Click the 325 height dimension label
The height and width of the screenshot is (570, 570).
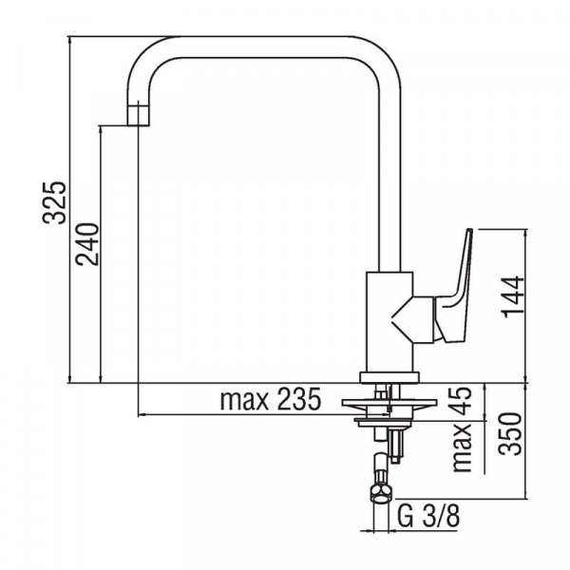(54, 202)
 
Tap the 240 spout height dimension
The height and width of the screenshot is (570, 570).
(86, 244)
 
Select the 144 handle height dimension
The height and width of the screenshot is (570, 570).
(513, 297)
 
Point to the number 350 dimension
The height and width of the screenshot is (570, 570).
(509, 434)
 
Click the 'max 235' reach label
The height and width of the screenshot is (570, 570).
(271, 399)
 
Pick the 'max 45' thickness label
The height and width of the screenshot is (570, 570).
(462, 429)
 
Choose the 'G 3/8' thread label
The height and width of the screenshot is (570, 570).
(428, 516)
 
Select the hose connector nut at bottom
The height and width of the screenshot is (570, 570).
(382, 495)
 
